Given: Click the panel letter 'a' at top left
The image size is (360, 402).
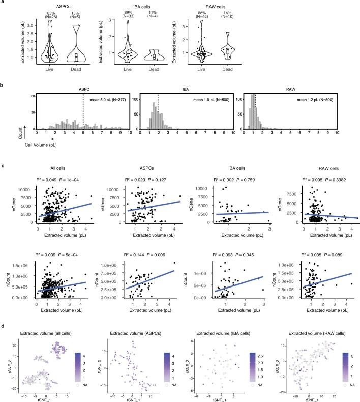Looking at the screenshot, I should pos(3,3).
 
